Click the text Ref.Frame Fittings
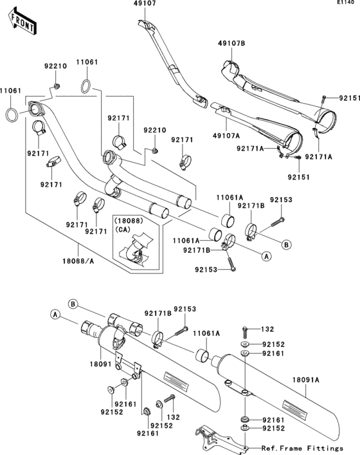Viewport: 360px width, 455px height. click(x=302, y=447)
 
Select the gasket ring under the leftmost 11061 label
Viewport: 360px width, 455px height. click(x=12, y=115)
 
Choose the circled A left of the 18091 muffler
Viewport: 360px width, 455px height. click(x=55, y=315)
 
